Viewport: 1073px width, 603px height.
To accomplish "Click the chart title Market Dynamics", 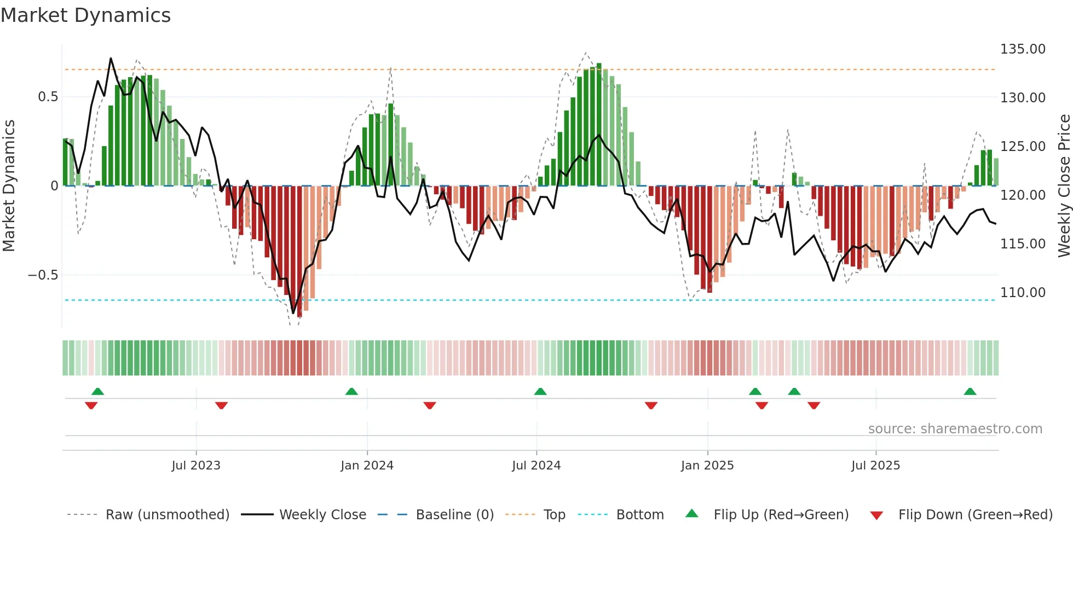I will point(85,15).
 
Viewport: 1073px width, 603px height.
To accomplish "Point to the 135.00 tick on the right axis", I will point(1022,49).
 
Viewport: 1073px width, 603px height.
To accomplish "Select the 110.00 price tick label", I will point(1022,293).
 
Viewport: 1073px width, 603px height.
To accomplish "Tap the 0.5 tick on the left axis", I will point(48,97).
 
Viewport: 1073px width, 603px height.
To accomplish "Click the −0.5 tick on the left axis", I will point(43,275).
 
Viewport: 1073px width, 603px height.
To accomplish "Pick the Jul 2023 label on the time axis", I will point(195,466).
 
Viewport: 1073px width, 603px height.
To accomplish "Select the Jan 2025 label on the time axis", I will point(707,466).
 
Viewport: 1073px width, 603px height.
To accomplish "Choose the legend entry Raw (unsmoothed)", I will point(167,515).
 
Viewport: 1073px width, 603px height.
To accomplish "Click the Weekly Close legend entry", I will point(322,515).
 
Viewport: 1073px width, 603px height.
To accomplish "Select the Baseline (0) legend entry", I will point(454,515).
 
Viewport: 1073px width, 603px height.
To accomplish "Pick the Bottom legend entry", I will point(639,515).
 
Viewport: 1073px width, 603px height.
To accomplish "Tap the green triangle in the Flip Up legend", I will point(692,513).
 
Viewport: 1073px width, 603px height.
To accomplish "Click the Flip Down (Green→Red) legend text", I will point(975,515).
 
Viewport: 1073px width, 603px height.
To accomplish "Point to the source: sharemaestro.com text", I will point(955,429).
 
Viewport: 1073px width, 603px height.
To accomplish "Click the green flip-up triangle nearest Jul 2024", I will point(540,391).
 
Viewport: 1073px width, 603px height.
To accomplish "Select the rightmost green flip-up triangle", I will point(970,391).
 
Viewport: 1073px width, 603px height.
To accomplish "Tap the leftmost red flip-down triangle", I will point(91,405).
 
